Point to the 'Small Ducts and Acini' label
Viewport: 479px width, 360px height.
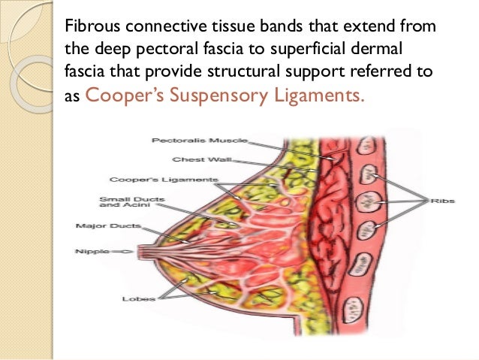point(120,202)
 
